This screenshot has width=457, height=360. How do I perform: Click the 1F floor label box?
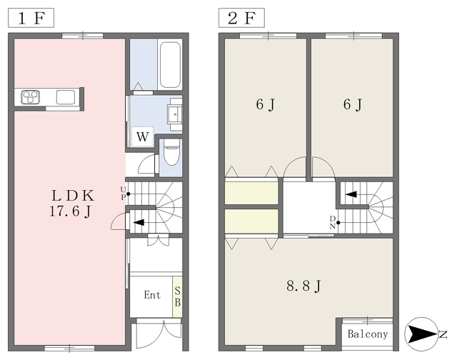[x=31, y=18]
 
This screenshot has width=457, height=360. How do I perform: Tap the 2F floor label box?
[x=241, y=18]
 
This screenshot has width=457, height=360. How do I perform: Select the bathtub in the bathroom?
[x=170, y=65]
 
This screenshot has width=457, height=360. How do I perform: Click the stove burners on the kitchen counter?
[x=31, y=97]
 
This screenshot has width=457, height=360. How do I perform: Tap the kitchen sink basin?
[x=66, y=97]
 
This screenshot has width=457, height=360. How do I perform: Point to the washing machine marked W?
[x=142, y=136]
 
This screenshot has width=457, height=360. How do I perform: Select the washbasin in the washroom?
[x=175, y=114]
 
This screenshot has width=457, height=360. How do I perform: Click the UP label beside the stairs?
[x=124, y=194]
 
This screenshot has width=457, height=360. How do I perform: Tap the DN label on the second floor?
[x=333, y=222]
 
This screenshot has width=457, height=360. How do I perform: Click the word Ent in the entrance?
[x=152, y=295]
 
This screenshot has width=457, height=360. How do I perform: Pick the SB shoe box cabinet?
[x=178, y=296]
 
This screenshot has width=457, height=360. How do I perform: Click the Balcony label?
[x=368, y=334]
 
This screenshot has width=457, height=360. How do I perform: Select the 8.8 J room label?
[x=303, y=286]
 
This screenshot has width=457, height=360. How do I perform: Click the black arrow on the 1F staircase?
[x=139, y=222]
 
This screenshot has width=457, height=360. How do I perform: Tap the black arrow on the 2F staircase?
[x=351, y=194]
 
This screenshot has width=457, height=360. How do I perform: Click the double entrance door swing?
[x=159, y=334]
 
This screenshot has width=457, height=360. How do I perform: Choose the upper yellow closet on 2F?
[x=251, y=193]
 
